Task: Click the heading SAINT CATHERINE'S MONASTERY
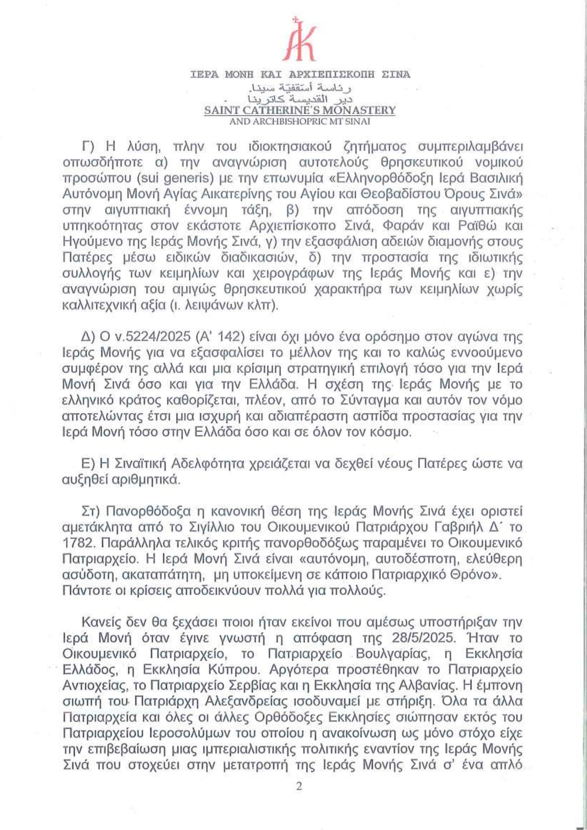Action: [299, 110]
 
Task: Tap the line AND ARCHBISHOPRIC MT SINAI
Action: [299, 121]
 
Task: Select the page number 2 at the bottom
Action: [298, 787]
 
